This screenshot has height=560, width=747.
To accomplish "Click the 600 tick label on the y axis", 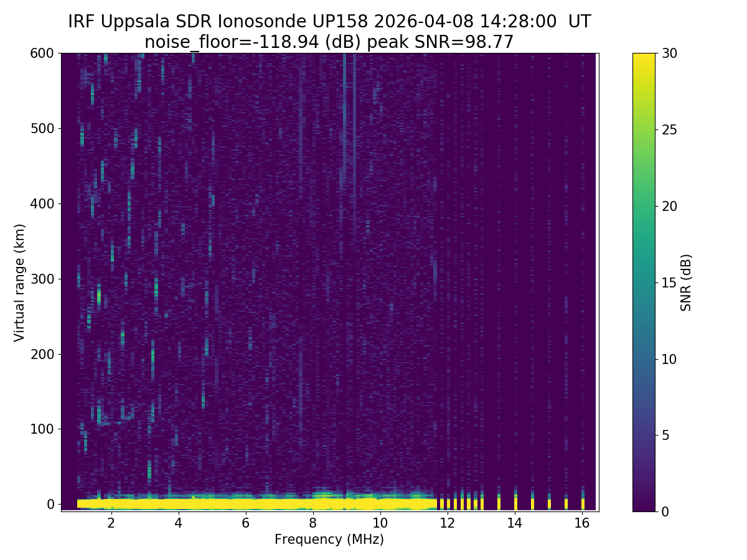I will tap(42, 54).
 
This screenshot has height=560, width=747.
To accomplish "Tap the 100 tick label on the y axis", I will tap(42, 429).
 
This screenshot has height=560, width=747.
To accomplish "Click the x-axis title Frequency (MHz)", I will tap(329, 539).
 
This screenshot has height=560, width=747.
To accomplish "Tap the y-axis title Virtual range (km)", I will tap(20, 282).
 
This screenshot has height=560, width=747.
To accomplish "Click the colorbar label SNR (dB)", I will tap(686, 282).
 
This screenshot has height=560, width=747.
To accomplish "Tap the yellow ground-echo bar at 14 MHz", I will tap(515, 502).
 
